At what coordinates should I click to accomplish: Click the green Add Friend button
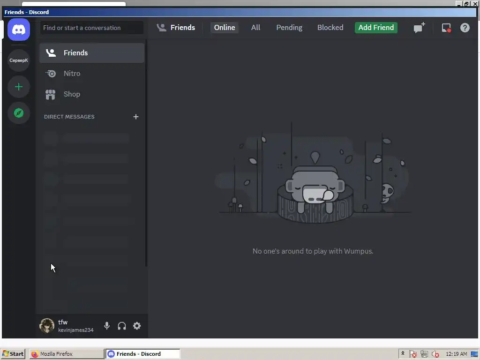(376, 28)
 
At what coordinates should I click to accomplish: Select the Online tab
(225, 28)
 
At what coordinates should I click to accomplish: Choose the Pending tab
(289, 28)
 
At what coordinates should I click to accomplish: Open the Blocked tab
(330, 28)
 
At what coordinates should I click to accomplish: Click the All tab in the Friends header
(255, 28)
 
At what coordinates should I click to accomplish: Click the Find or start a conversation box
(92, 28)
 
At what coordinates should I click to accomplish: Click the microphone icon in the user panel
(107, 326)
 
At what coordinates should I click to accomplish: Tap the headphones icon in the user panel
(122, 326)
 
